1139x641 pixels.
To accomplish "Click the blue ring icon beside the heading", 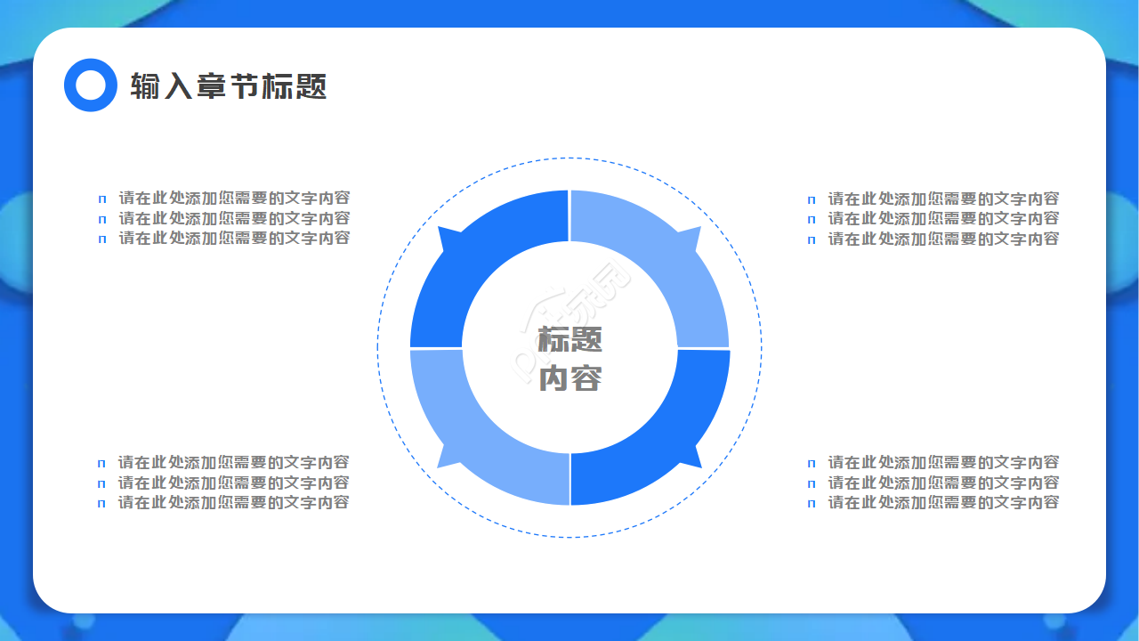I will (x=91, y=85).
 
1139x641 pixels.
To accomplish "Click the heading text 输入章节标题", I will (x=229, y=85).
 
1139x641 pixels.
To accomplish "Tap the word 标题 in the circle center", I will (x=570, y=339).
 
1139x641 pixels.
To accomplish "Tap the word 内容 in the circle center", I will (x=570, y=378).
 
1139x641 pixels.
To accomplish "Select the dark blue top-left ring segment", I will (x=472, y=258).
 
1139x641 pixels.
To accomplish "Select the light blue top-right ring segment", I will (x=667, y=258).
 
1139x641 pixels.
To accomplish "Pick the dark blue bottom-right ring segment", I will (x=667, y=436).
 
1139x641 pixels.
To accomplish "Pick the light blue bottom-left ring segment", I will (x=472, y=436).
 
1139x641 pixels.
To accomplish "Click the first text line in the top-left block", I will (x=234, y=198).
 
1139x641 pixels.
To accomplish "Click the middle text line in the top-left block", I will (x=234, y=218).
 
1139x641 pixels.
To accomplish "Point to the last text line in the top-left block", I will (x=234, y=238).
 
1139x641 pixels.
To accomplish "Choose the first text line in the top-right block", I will (x=943, y=199).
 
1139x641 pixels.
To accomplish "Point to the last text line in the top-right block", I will (x=943, y=239).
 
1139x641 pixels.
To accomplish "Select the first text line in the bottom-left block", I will (x=233, y=462).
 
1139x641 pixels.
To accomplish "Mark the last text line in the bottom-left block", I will (x=233, y=502).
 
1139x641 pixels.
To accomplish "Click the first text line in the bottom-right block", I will (x=943, y=462).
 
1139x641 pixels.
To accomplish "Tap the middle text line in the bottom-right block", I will (x=943, y=483).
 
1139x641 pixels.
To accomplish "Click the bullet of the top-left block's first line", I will (x=102, y=199).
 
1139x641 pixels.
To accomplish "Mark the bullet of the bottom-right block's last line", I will (x=812, y=504).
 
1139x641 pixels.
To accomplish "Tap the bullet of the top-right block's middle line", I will (x=812, y=220).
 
